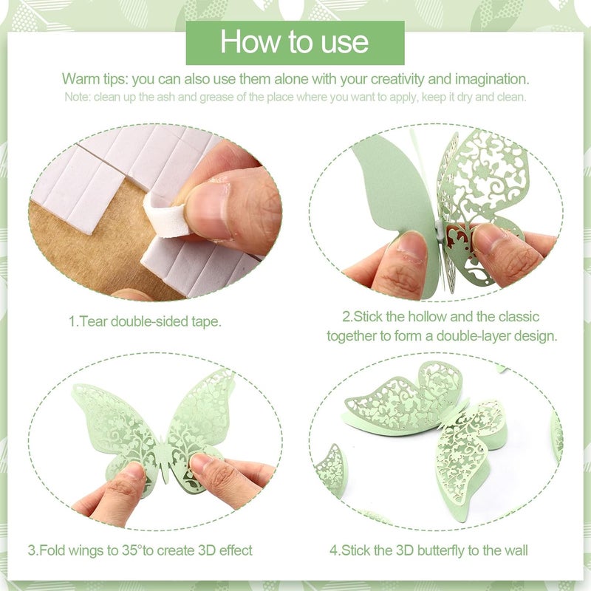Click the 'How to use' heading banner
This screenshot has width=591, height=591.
(295, 42)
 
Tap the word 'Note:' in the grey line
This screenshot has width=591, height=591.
(78, 97)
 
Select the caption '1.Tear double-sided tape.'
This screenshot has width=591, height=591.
(145, 321)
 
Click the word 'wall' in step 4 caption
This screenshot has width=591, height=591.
(515, 550)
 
